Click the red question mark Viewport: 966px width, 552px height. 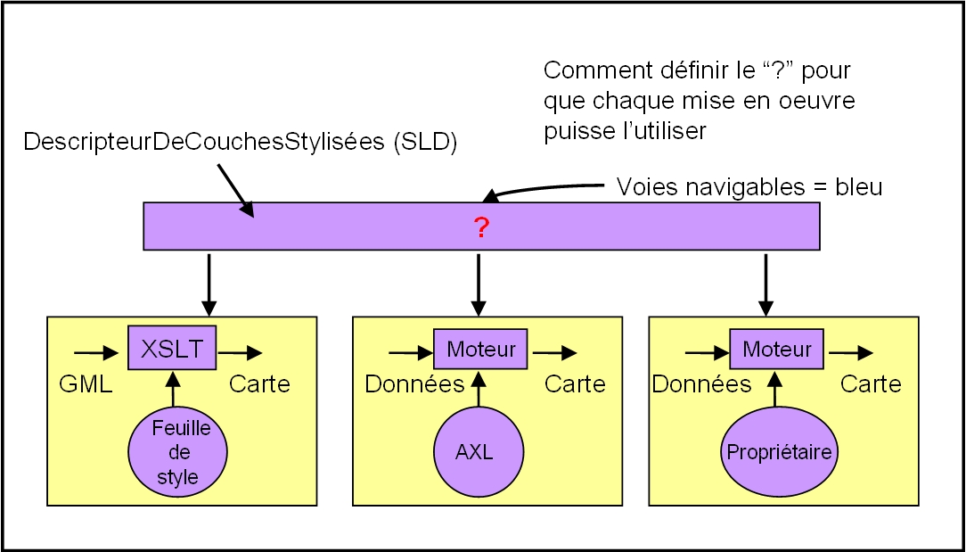click(x=481, y=227)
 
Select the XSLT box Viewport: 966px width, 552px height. click(x=173, y=348)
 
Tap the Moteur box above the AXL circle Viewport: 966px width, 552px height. click(x=480, y=349)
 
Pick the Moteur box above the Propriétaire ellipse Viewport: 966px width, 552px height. click(x=776, y=349)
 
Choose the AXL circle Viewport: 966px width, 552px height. click(x=474, y=452)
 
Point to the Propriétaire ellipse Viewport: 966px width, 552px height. click(x=779, y=452)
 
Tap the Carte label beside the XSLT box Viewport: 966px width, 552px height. click(x=259, y=383)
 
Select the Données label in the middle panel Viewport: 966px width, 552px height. click(x=414, y=383)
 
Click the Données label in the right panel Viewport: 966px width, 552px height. click(x=701, y=383)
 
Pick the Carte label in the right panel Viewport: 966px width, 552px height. click(x=871, y=383)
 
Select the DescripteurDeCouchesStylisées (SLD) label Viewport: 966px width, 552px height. click(x=241, y=143)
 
